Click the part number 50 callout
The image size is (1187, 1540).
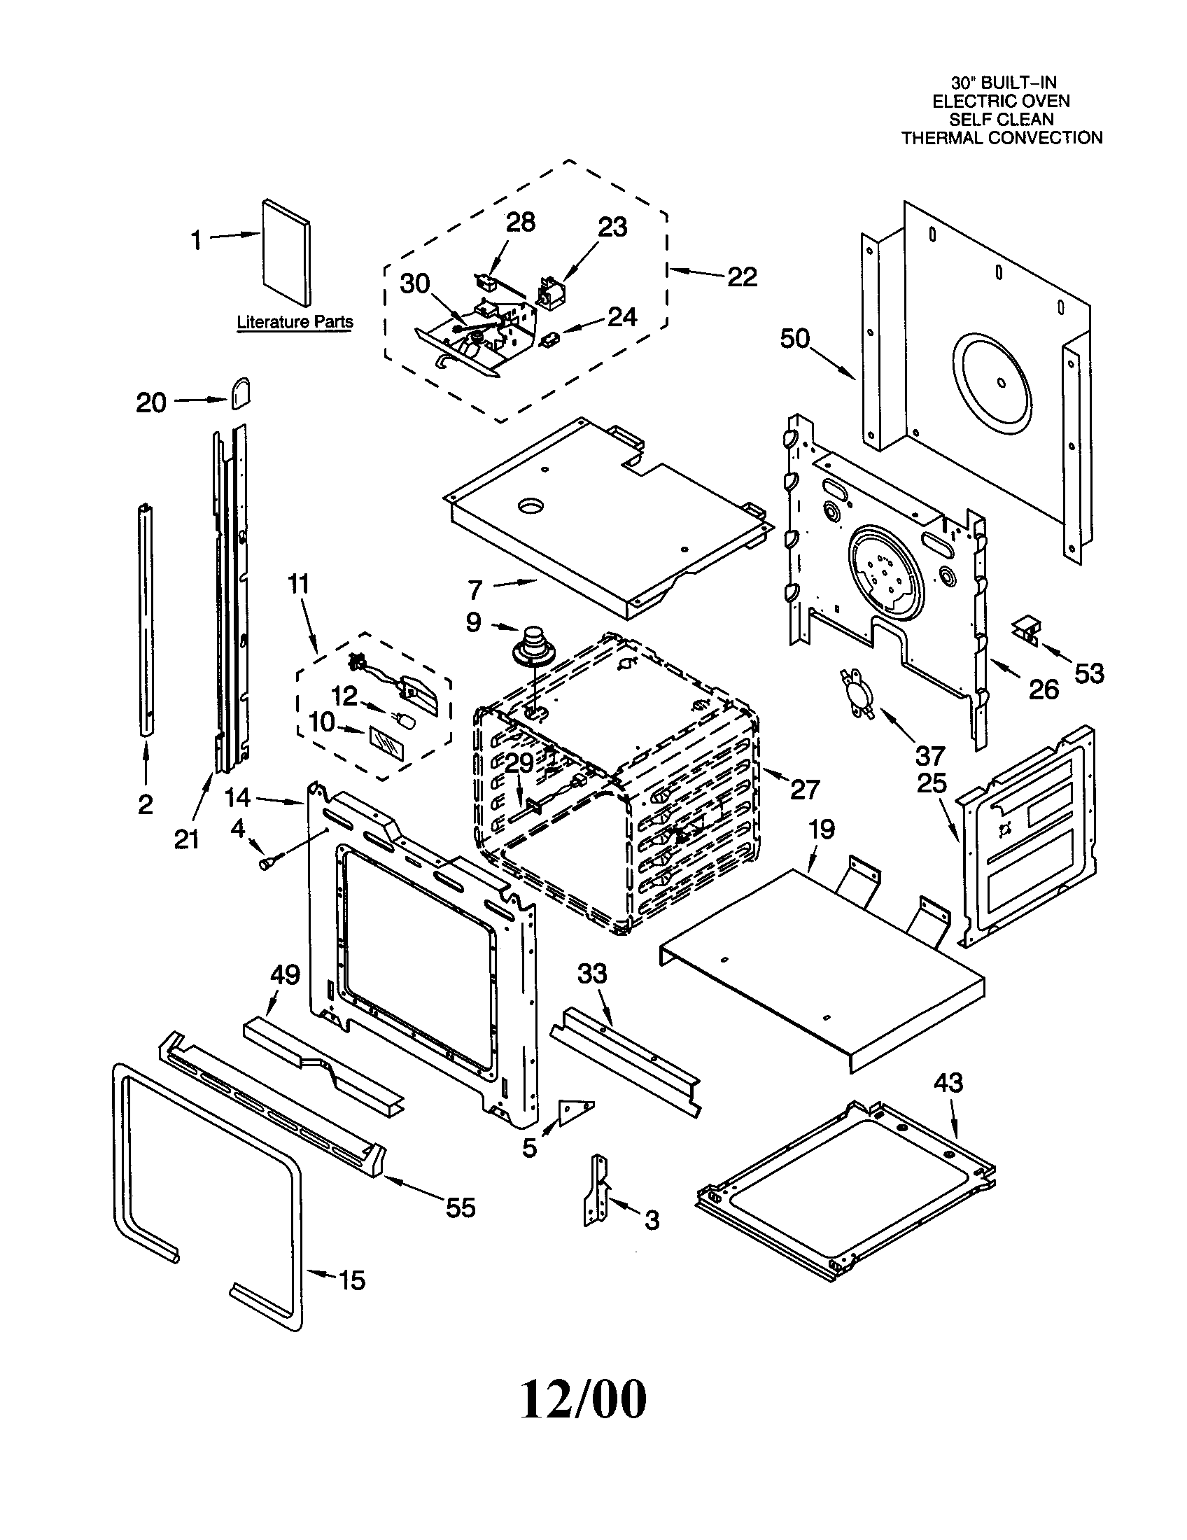(794, 339)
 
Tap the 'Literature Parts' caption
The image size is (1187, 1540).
(295, 322)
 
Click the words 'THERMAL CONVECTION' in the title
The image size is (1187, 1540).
(1002, 137)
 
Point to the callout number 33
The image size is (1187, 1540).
(592, 974)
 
